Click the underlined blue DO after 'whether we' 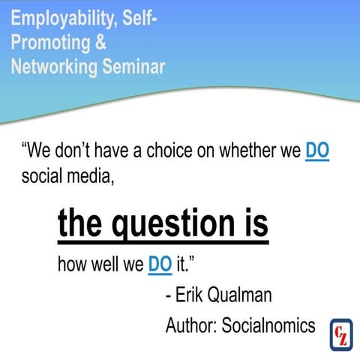[x=318, y=151]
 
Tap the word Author [x=190, y=326]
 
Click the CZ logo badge [x=341, y=333]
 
